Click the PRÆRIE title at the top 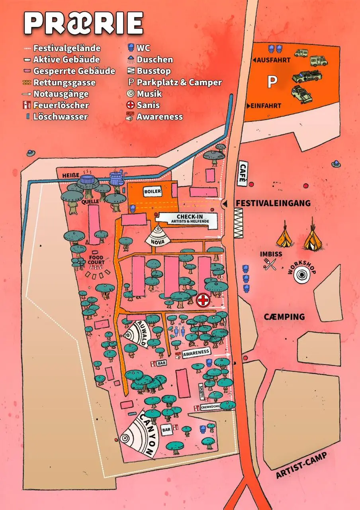(x=84, y=23)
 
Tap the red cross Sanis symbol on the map (x=203, y=300)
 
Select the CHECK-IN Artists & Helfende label (x=186, y=218)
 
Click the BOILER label (x=153, y=192)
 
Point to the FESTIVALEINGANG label (x=273, y=203)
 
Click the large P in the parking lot (x=272, y=82)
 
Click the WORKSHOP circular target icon (x=301, y=275)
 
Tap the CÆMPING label (x=284, y=317)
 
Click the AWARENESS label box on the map (x=196, y=352)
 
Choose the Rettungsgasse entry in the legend (x=64, y=82)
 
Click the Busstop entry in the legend (x=153, y=71)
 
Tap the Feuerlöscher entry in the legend (x=61, y=106)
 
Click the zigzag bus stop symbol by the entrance (x=238, y=223)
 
